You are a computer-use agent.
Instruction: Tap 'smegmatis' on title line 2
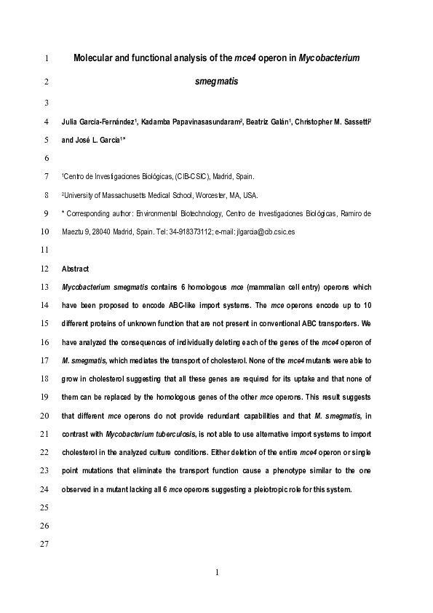217,82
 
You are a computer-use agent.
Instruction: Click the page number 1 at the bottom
217,574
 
